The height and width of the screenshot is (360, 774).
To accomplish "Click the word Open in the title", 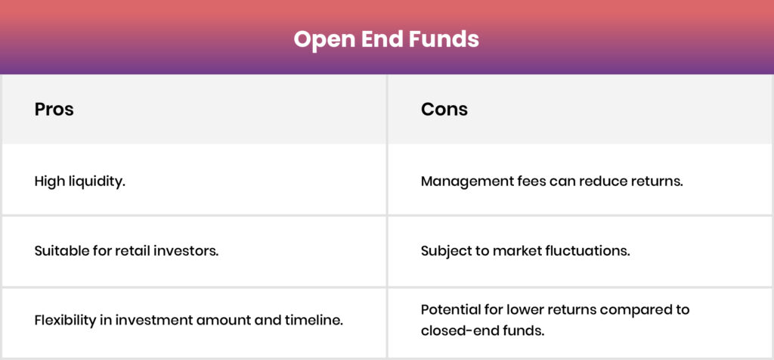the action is pyautogui.click(x=323, y=39).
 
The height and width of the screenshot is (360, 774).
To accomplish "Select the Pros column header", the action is pyautogui.click(x=54, y=109).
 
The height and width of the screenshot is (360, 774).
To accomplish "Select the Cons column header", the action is pyautogui.click(x=444, y=109).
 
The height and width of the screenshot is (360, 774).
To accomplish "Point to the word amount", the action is pyautogui.click(x=223, y=321).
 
